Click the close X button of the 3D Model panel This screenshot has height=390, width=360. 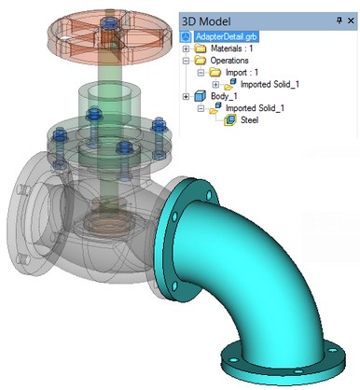point(351,21)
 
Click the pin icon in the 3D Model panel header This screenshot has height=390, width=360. point(339,21)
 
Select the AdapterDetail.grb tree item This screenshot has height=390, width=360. point(227,36)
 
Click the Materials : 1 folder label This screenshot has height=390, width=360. point(231,49)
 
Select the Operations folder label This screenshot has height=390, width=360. point(229,61)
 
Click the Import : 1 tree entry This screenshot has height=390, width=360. point(242,73)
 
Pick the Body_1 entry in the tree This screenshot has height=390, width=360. point(224,96)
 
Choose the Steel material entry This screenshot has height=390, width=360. point(249,120)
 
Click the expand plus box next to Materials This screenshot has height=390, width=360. point(186,49)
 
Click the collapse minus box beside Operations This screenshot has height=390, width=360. point(186,61)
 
